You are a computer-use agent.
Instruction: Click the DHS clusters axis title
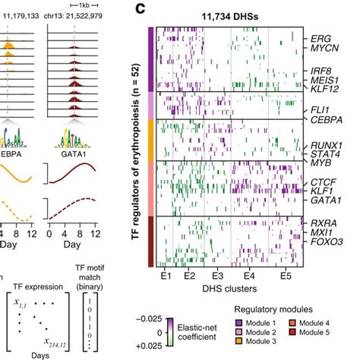click(226, 289)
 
